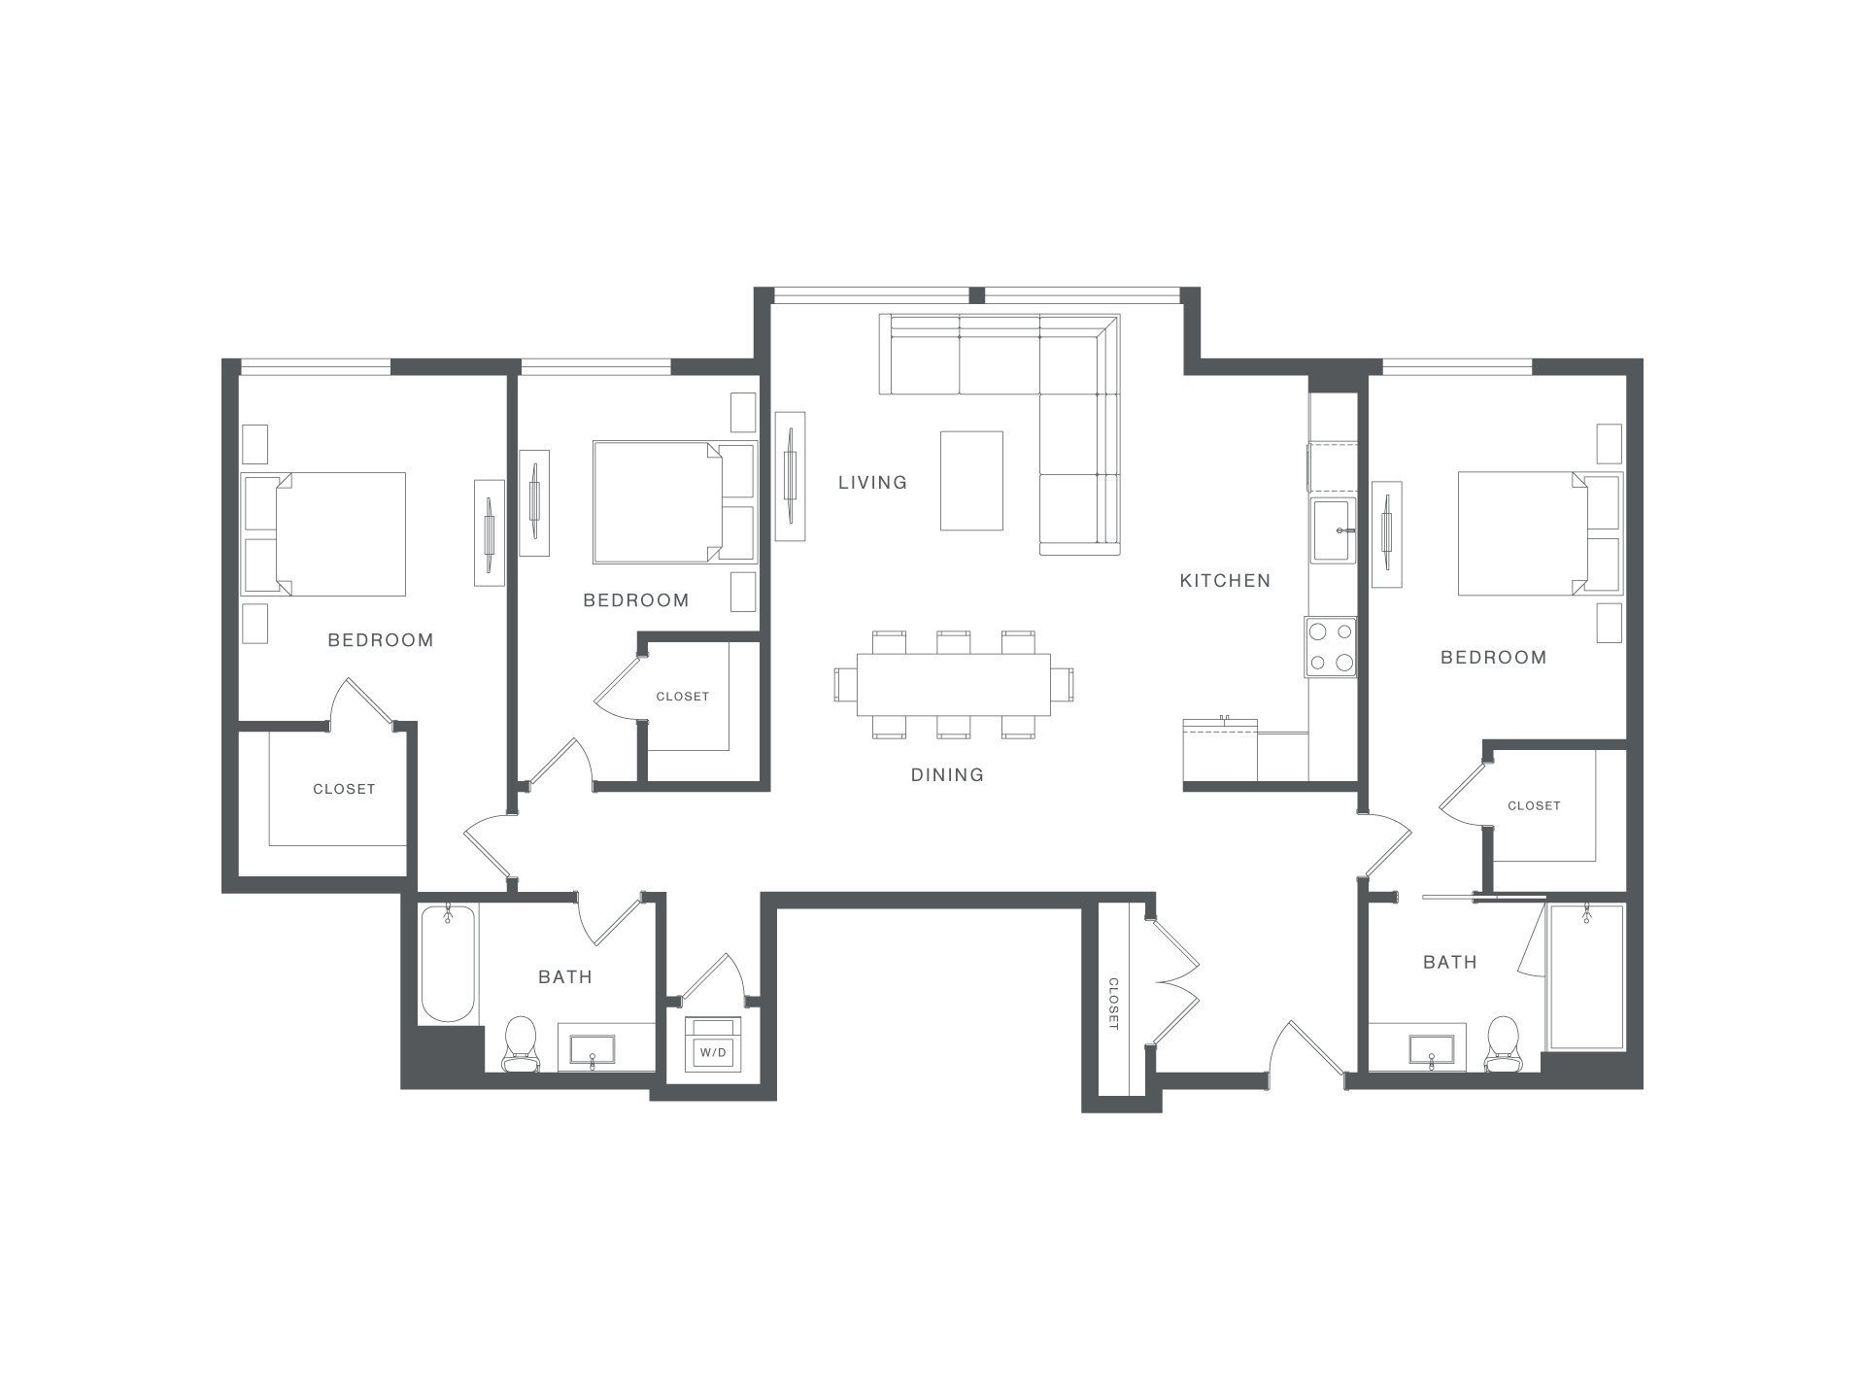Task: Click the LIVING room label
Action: pos(872,482)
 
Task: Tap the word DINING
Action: pos(947,774)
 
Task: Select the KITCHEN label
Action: pos(1225,580)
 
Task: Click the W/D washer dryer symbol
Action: pos(713,1044)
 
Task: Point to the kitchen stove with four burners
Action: pos(1331,647)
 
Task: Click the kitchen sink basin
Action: pos(1333,530)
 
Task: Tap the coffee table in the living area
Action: pos(971,481)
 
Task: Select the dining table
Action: pos(954,684)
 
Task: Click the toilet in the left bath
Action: pos(521,1044)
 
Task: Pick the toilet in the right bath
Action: pos(1503,1044)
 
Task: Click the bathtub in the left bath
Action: pos(448,963)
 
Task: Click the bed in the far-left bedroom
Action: pos(323,534)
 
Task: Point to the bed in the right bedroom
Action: pos(1540,534)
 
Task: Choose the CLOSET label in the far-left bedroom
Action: pos(344,789)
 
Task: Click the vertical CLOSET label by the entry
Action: pos(1113,1004)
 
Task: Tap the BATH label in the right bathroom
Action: pos(1449,962)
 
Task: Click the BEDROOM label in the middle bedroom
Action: pos(636,600)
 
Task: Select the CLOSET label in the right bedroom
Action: pos(1534,805)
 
